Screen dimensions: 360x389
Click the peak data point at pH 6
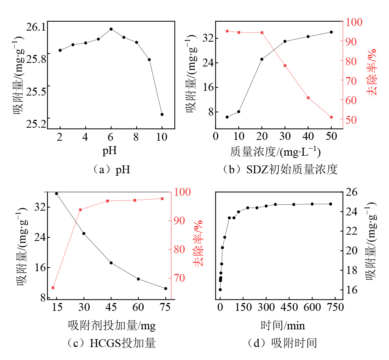tap(111, 29)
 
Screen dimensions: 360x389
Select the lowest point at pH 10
tap(162, 114)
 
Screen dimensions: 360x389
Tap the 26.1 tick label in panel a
tap(36, 27)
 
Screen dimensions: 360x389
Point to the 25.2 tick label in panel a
tap(36, 124)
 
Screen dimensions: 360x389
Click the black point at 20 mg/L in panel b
tap(262, 59)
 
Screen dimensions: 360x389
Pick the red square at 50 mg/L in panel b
tap(331, 117)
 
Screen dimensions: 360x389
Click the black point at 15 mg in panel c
tap(57, 194)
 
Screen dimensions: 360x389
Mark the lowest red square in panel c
tap(53, 288)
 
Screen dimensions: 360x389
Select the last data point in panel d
tap(331, 204)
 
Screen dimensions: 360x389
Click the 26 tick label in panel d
tap(352, 192)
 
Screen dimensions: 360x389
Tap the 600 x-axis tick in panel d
tap(312, 307)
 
